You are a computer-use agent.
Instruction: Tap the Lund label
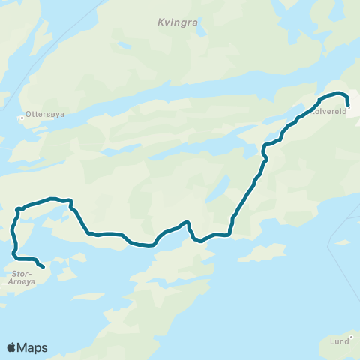click(x=338, y=340)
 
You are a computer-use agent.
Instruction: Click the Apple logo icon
click(x=12, y=347)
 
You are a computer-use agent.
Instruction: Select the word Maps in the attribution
click(x=33, y=347)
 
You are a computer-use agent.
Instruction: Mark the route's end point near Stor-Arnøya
click(x=43, y=266)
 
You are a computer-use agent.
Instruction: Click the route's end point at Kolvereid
click(x=348, y=105)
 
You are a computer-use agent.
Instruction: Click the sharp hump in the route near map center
click(x=188, y=223)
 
